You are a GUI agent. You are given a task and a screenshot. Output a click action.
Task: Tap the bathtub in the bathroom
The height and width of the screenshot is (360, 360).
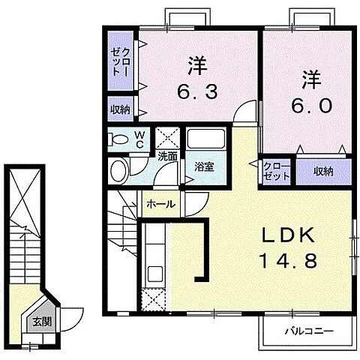[204, 140]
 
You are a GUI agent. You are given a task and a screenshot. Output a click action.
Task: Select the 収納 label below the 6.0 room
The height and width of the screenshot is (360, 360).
[322, 172]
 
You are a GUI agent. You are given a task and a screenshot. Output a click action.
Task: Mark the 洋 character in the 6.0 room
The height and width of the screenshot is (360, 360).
[312, 77]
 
